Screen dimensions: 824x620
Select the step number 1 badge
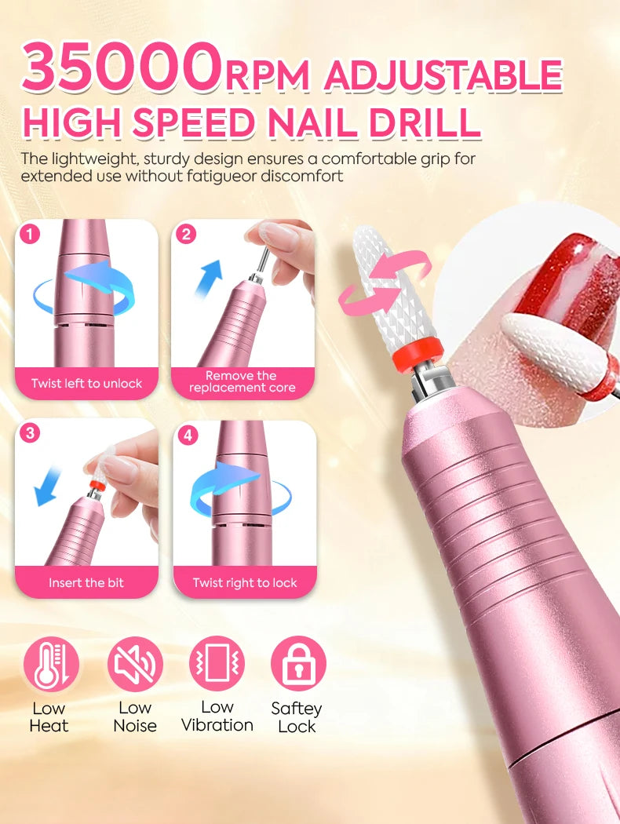tap(30, 235)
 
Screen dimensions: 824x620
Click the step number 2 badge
tap(187, 235)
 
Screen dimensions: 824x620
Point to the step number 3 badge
tap(30, 433)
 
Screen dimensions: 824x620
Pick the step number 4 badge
tap(188, 435)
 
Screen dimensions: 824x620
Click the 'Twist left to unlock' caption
tap(86, 384)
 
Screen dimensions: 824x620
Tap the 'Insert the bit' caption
tap(86, 582)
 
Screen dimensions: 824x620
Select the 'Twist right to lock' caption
tap(245, 582)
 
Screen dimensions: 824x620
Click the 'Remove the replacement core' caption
tap(243, 381)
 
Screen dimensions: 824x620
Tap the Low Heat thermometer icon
tap(51, 664)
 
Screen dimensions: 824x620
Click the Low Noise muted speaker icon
tap(135, 664)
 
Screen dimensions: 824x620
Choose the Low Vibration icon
tap(217, 664)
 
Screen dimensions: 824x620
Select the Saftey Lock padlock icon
tap(298, 664)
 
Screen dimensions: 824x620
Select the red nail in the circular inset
tap(562, 283)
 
